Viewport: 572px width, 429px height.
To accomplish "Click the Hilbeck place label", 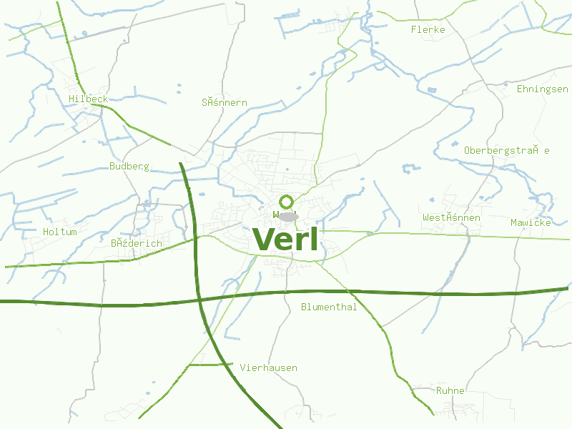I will coord(88,99).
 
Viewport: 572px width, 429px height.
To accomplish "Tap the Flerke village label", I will coord(428,30).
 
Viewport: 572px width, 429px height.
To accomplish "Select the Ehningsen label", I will coord(542,89).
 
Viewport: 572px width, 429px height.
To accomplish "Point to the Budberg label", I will coord(129,167).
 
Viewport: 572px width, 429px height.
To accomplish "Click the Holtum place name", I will coord(59,232).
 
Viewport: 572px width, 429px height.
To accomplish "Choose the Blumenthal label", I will coord(328,307).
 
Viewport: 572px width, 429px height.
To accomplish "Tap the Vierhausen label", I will coord(268,368).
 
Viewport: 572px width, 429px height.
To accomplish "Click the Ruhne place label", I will coord(450,391).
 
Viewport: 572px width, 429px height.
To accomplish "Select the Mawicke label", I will coord(531,223).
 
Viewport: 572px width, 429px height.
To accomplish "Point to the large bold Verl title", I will coord(285,240).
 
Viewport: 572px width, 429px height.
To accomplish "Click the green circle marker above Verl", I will coord(287,202).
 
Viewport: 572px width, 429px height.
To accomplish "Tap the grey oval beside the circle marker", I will coord(288,216).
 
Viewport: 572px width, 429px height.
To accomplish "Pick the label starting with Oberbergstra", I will coord(506,151).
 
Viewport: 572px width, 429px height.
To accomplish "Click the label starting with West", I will coord(451,217).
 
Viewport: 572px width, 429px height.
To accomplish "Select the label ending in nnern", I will coord(224,103).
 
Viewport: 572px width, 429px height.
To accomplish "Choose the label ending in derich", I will coord(136,244).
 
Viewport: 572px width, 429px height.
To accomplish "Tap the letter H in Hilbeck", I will coord(71,99).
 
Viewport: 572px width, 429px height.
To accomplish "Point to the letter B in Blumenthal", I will coord(304,307).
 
